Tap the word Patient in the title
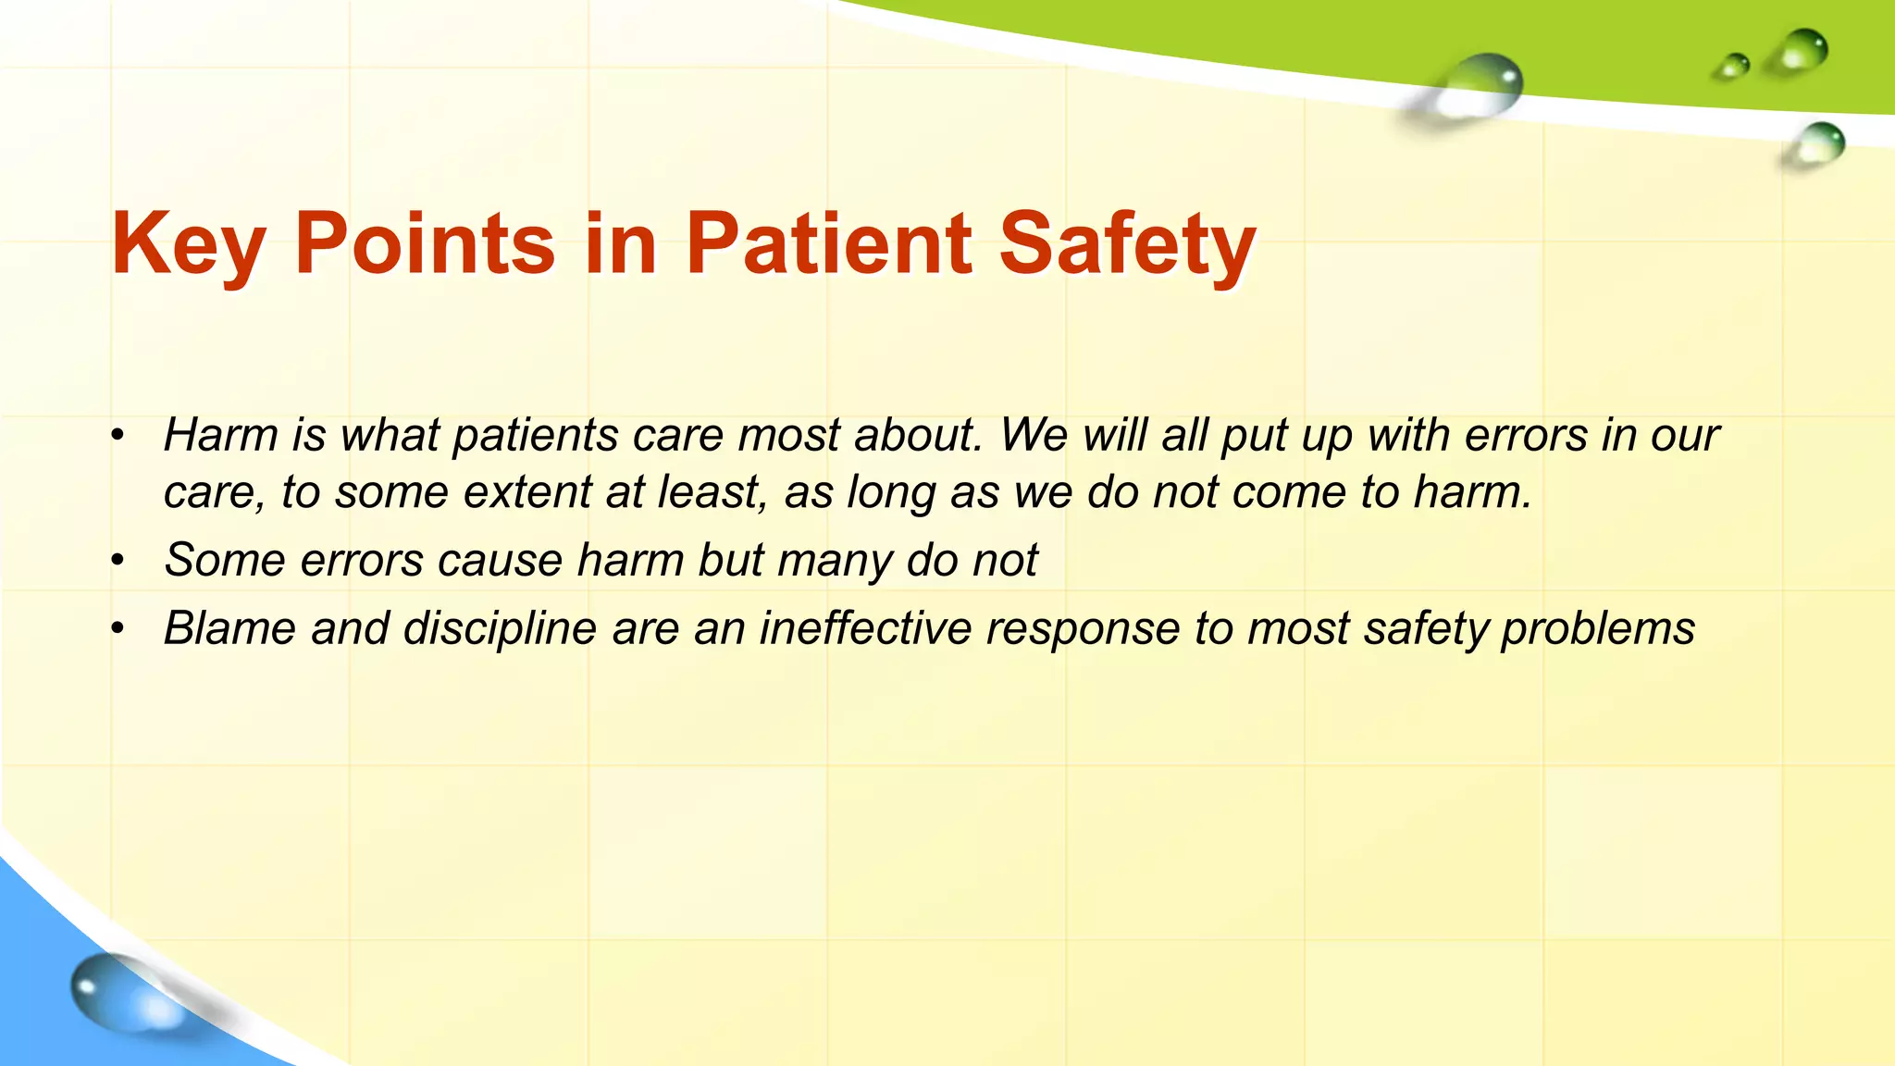(828, 243)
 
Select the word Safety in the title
(1127, 245)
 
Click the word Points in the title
(425, 243)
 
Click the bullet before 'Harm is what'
(117, 436)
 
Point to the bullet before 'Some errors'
(117, 561)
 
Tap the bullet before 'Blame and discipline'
(117, 629)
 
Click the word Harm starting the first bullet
(220, 435)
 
